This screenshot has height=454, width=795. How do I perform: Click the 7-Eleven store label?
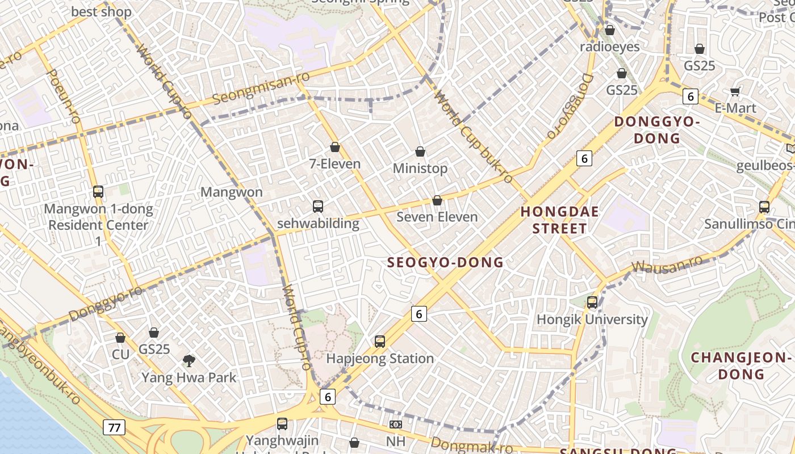click(334, 164)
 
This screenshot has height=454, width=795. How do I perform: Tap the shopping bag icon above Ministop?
click(420, 152)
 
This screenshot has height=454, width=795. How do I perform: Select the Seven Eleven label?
click(437, 217)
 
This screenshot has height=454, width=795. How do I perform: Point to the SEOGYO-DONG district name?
click(445, 262)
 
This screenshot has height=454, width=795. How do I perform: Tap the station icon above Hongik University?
click(592, 302)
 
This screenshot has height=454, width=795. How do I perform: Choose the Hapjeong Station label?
click(380, 359)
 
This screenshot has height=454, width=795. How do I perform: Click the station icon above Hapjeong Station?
click(380, 342)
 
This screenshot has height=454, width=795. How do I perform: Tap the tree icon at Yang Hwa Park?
click(189, 360)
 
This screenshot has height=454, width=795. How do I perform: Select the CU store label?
click(120, 355)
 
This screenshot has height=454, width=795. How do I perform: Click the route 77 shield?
click(114, 427)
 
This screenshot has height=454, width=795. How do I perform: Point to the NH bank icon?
click(396, 424)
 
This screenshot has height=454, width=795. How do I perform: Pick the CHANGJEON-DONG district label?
click(740, 366)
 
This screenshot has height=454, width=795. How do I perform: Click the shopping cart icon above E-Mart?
click(735, 91)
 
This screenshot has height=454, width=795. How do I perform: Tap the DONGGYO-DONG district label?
click(656, 130)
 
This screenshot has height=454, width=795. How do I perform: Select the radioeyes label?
click(609, 47)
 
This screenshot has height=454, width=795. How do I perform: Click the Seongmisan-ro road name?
click(261, 88)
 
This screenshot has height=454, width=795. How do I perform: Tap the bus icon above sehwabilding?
click(318, 207)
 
